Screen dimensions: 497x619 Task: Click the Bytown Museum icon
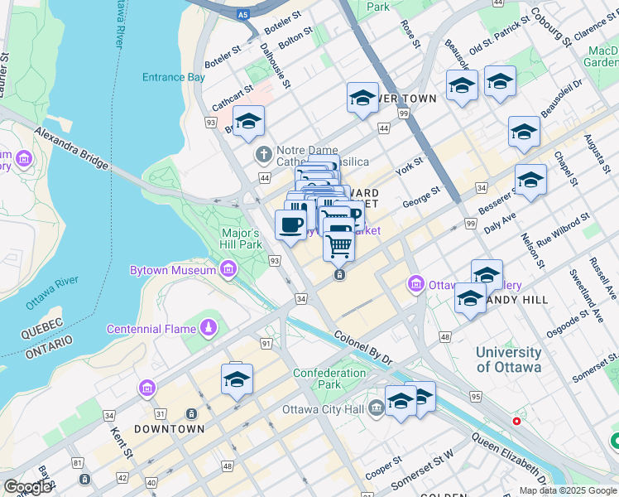pos(227,270)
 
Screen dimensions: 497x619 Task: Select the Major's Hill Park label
pos(241,239)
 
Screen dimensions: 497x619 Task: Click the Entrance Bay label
pos(173,77)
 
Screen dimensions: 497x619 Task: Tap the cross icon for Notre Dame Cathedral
pos(263,154)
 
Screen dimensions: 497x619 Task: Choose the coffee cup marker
pos(290,224)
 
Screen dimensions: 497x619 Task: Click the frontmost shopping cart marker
pos(338,245)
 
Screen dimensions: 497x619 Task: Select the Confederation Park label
pos(329,379)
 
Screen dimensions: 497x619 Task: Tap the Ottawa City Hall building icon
pos(376,408)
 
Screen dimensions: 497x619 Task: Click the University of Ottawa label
pos(508,359)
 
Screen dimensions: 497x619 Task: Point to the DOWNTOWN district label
pos(169,429)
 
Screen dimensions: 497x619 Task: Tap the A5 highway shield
pos(242,14)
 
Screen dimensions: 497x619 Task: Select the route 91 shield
pos(266,343)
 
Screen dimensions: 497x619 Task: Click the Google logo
pos(27,487)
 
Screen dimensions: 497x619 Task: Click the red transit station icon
pos(517,421)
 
